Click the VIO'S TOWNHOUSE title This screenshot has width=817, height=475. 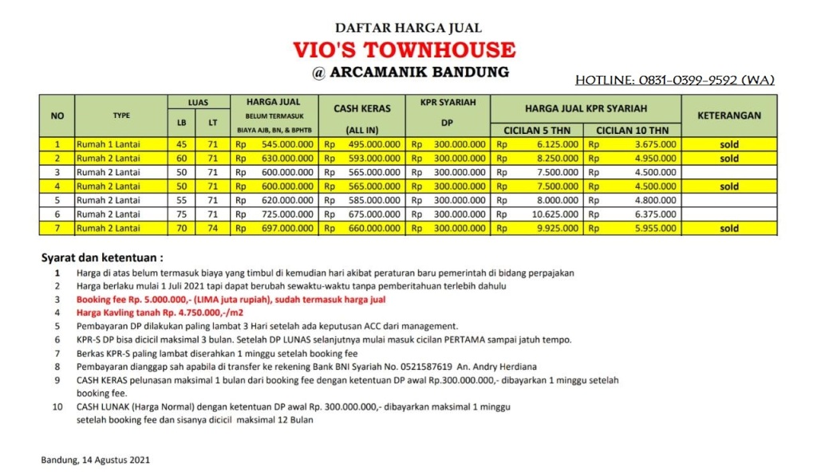(x=408, y=49)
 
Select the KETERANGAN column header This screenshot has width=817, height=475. (x=728, y=115)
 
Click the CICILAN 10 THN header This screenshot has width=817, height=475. (x=633, y=130)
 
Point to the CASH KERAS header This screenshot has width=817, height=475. (x=362, y=108)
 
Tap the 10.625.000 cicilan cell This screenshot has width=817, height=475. (x=551, y=214)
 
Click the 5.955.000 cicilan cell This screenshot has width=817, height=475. (x=645, y=229)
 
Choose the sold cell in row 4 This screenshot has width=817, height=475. (x=728, y=186)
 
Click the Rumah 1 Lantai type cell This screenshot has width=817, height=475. (x=108, y=144)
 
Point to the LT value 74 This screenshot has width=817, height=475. (x=211, y=229)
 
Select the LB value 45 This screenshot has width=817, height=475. (x=181, y=144)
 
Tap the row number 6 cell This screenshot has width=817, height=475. (x=57, y=214)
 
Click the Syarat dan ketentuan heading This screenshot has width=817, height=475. (x=101, y=258)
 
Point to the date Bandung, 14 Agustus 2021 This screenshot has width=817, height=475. (x=95, y=460)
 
